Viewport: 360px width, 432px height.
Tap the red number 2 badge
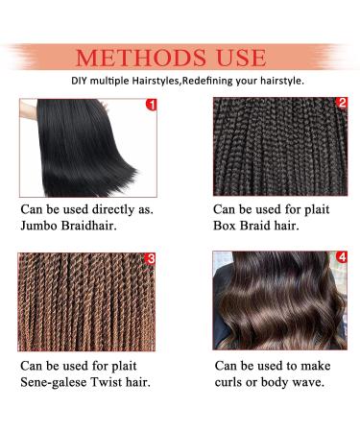[341, 103]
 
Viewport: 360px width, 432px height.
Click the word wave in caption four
[318, 383]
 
